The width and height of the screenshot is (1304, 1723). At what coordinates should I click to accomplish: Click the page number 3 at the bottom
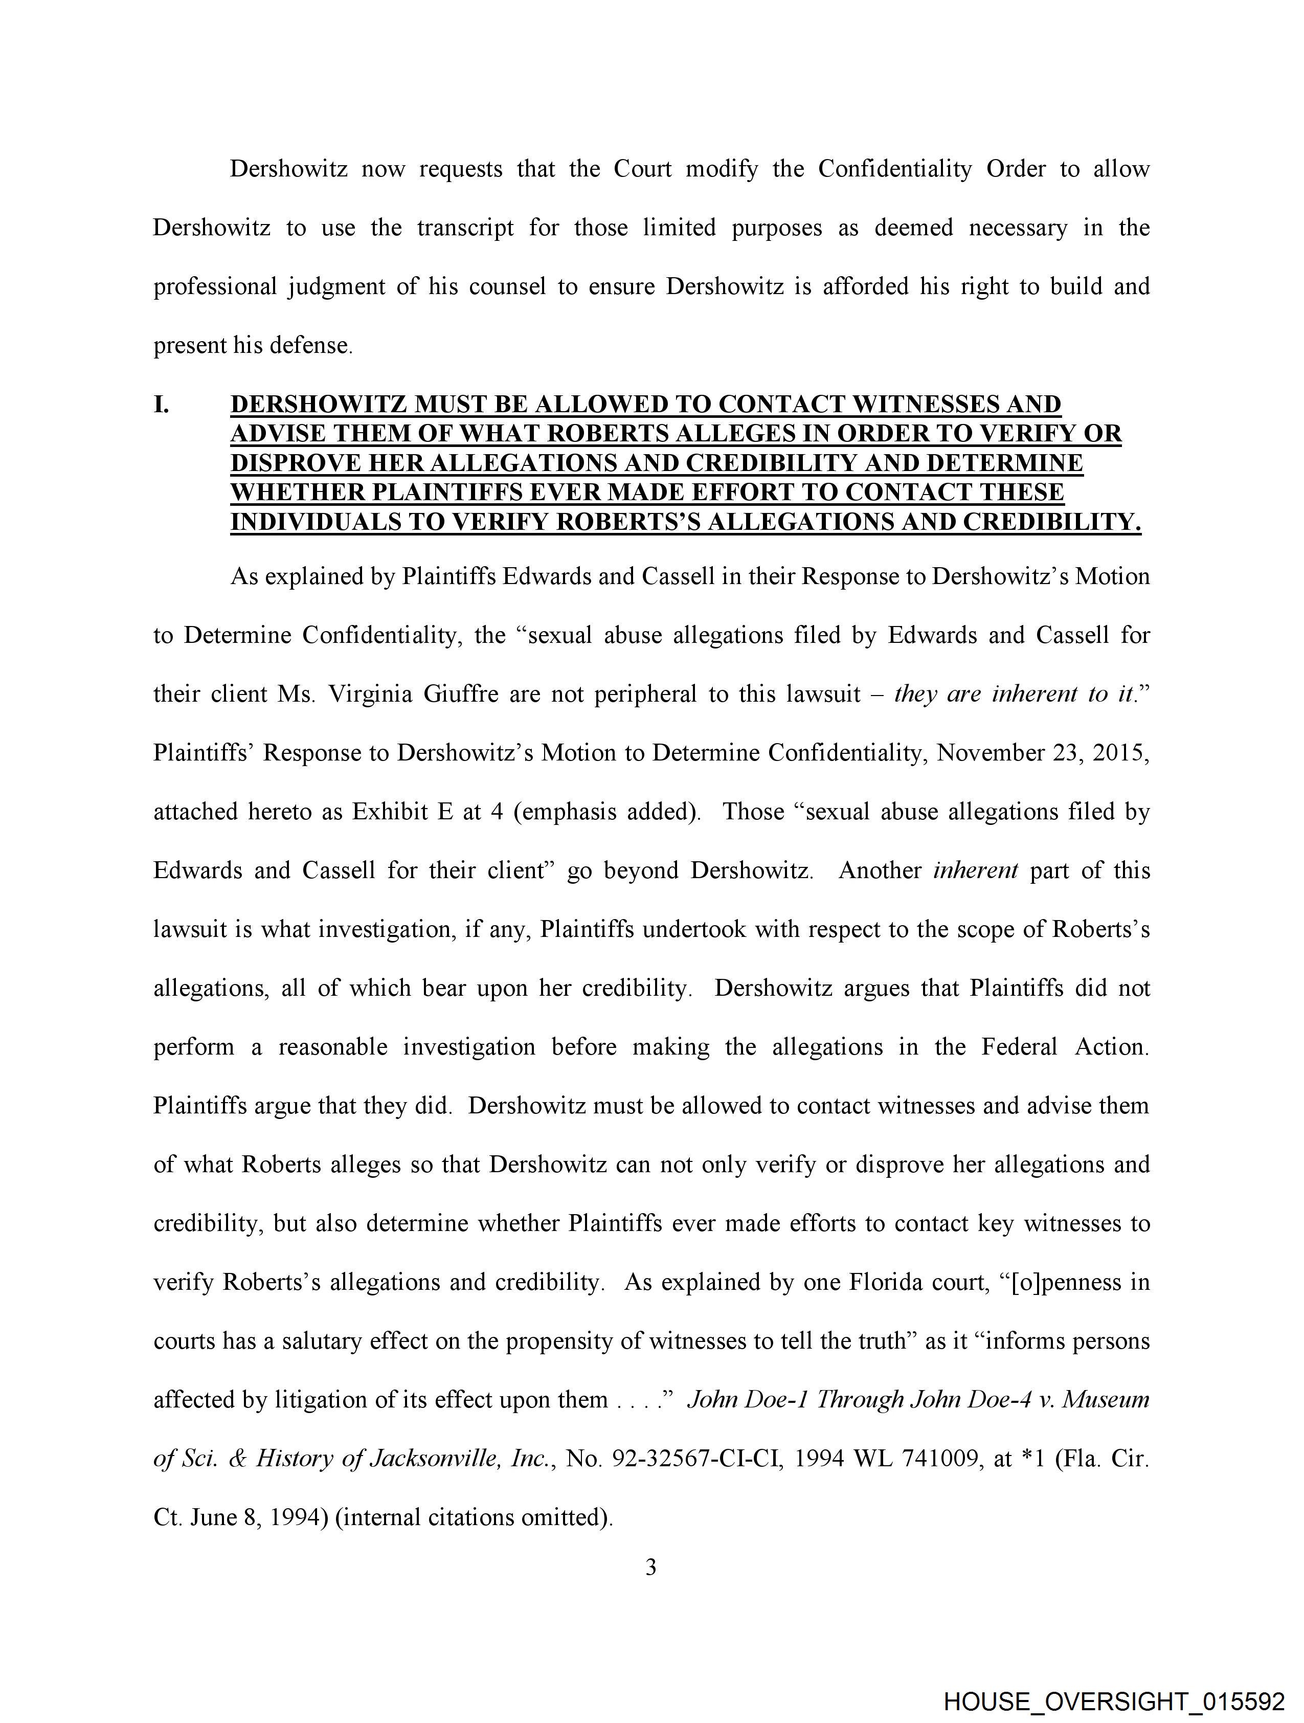coord(651,1567)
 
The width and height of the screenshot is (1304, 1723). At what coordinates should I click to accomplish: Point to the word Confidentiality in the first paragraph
coord(894,169)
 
